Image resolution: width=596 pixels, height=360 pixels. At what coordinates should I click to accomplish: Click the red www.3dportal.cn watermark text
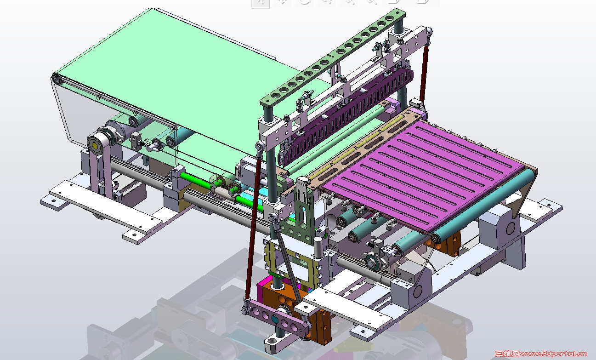point(553,354)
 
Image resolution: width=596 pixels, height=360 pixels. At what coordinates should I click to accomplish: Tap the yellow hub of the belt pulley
point(95,146)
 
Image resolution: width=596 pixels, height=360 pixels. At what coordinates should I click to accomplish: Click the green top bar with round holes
point(333,57)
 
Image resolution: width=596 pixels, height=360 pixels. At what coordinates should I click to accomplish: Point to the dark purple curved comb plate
point(346,117)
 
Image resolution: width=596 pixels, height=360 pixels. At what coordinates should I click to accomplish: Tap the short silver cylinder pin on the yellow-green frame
point(318,247)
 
